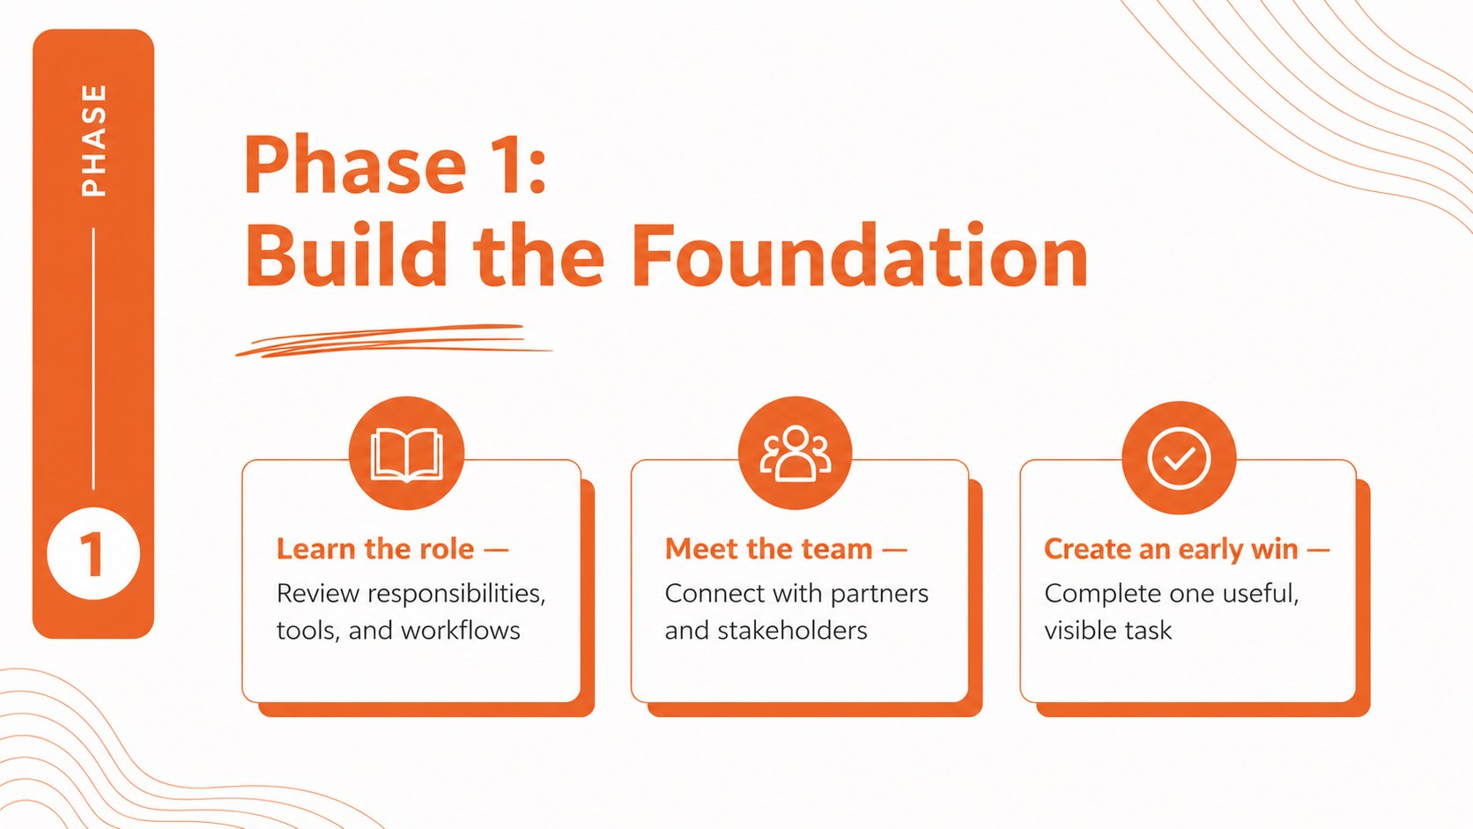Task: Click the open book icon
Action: point(406,455)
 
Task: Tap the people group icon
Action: point(795,454)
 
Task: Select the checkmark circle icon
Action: point(1179,458)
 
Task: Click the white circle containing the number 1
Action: point(93,553)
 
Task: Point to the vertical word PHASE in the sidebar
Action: point(94,140)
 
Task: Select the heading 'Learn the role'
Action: point(374,549)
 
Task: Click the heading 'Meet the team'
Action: point(768,549)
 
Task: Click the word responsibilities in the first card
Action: point(456,595)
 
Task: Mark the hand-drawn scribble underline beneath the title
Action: point(393,341)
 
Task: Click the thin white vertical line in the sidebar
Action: point(93,359)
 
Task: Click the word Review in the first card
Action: point(318,594)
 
